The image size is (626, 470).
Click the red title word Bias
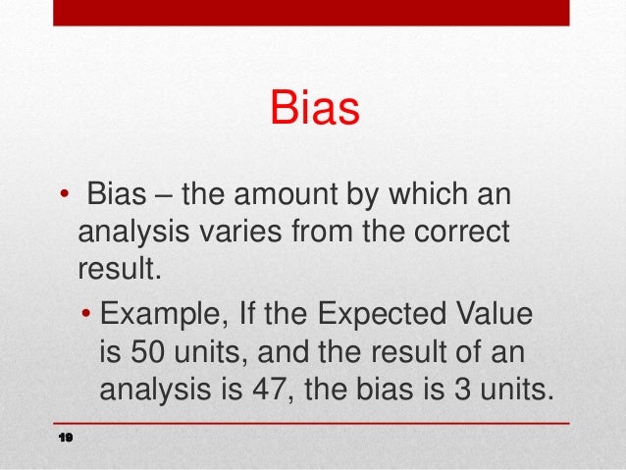[x=314, y=109]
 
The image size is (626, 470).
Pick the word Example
[x=162, y=317]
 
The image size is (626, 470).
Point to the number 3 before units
[x=468, y=391]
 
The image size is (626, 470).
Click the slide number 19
[x=67, y=437]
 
